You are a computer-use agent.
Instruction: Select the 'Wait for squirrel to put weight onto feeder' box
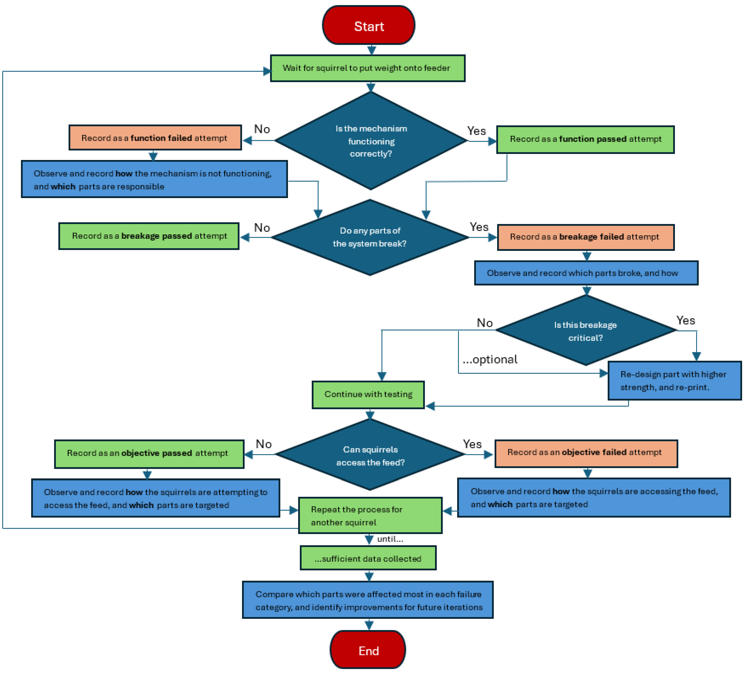(x=367, y=68)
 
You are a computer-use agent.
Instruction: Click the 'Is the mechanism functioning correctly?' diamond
(x=371, y=141)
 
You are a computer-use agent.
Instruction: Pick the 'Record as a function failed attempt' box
(x=155, y=138)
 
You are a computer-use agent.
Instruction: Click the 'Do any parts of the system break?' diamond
(x=370, y=237)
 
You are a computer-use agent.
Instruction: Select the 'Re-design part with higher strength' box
(x=674, y=381)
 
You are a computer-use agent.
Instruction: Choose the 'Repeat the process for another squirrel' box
(x=370, y=515)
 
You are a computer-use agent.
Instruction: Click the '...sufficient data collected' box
(x=368, y=558)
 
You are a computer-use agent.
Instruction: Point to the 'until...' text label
(x=390, y=539)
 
